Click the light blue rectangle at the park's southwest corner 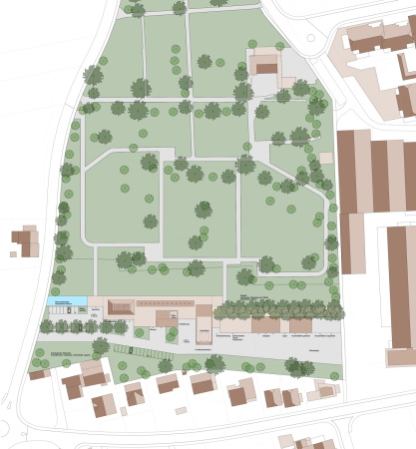64,300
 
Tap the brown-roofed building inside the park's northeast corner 264,65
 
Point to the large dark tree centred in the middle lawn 204,210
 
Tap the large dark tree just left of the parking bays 100,346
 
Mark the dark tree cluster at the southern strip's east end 297,366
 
